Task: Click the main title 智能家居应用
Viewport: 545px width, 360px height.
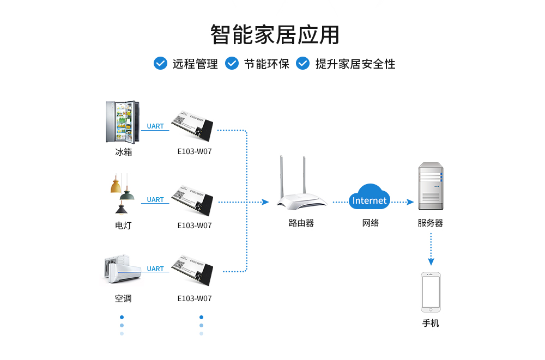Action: click(275, 34)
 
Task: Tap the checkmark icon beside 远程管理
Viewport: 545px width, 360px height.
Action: click(160, 63)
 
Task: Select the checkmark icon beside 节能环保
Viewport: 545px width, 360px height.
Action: click(232, 63)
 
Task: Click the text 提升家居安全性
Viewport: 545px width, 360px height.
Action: click(355, 64)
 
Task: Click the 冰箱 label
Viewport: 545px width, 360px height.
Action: click(124, 152)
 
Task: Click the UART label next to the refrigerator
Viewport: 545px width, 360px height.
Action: click(155, 126)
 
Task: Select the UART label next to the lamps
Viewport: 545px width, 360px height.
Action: click(155, 200)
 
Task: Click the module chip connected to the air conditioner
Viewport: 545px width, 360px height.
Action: click(192, 270)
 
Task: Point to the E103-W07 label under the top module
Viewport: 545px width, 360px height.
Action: click(195, 152)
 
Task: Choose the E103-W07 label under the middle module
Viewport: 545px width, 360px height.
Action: click(195, 225)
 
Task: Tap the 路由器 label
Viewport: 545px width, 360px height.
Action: click(301, 223)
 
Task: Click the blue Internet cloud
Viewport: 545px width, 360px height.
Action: click(370, 199)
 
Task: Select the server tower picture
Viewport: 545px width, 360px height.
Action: click(431, 186)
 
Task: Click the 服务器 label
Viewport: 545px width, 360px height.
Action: click(431, 223)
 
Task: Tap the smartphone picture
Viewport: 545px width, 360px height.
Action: click(431, 292)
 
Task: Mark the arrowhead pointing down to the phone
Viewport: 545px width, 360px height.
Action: click(431, 263)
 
